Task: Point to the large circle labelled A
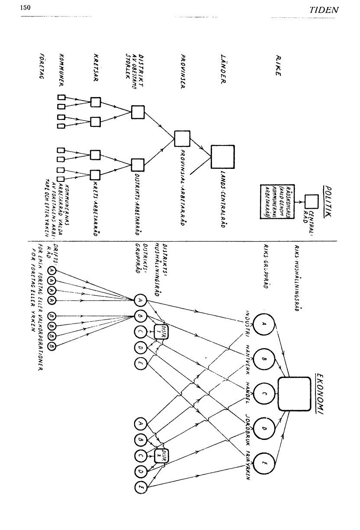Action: point(264,322)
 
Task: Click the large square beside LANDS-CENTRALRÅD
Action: point(222,156)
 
